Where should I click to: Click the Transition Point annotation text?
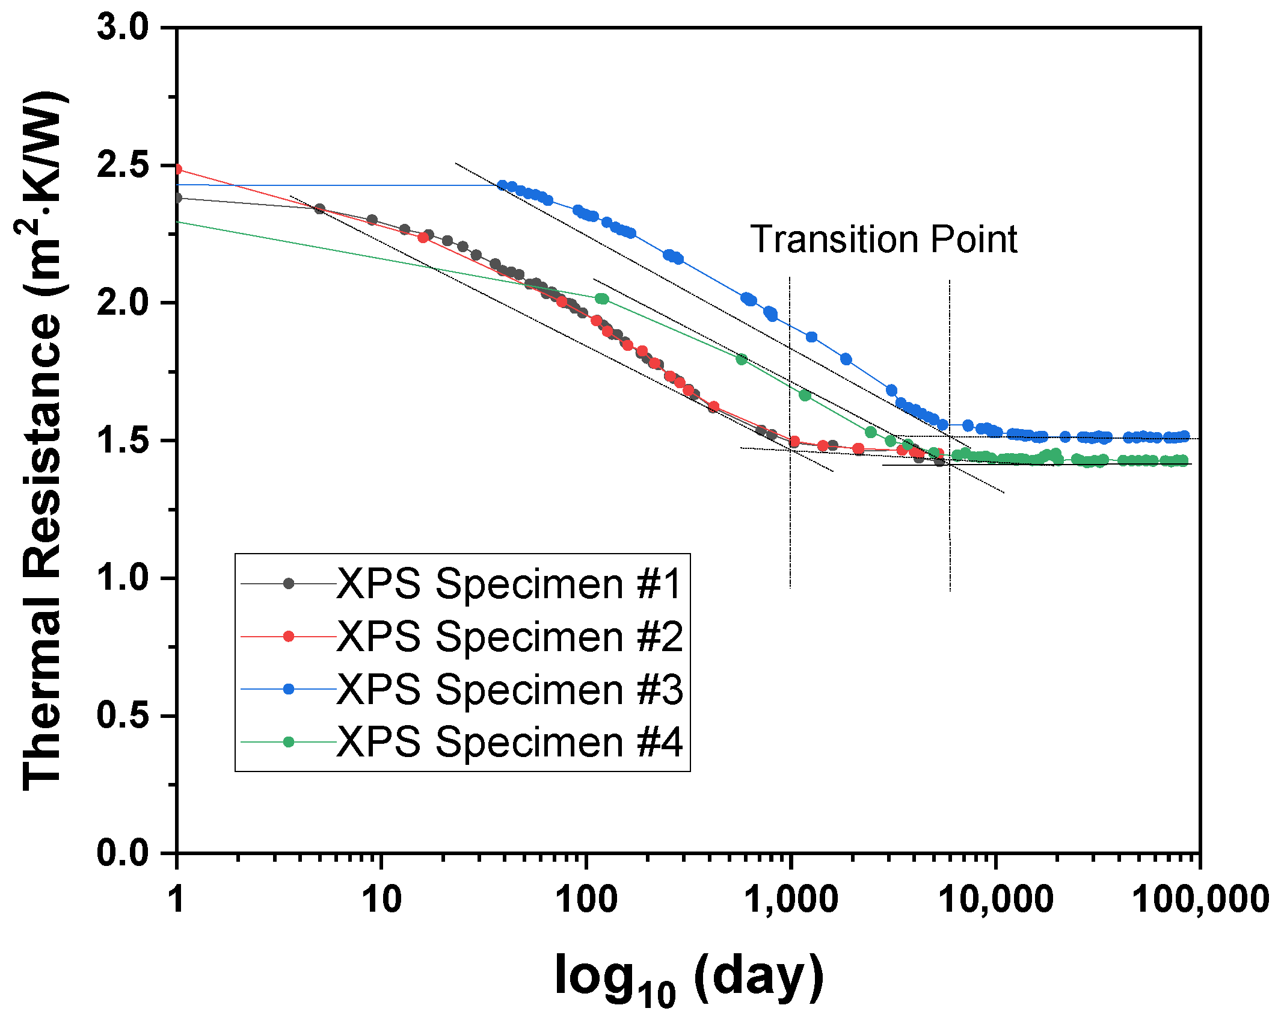tap(883, 239)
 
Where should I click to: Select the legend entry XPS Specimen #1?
tap(508, 583)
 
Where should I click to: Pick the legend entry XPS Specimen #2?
tap(508, 636)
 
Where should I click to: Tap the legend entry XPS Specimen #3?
tap(508, 688)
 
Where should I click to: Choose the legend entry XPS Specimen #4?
tap(508, 741)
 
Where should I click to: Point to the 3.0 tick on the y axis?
tap(123, 28)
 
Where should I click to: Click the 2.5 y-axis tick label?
tap(123, 165)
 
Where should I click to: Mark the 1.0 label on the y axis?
tap(123, 578)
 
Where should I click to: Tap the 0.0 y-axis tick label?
tap(123, 853)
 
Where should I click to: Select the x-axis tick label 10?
tap(381, 900)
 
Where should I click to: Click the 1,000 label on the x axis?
tap(791, 900)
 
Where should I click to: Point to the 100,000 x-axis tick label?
tap(1200, 900)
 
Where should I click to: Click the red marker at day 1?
tap(177, 169)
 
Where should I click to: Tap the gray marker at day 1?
tap(177, 198)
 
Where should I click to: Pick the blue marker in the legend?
tap(289, 688)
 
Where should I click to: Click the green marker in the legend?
tap(289, 741)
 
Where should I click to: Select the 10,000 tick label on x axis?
tap(996, 900)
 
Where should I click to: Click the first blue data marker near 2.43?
tap(502, 185)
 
